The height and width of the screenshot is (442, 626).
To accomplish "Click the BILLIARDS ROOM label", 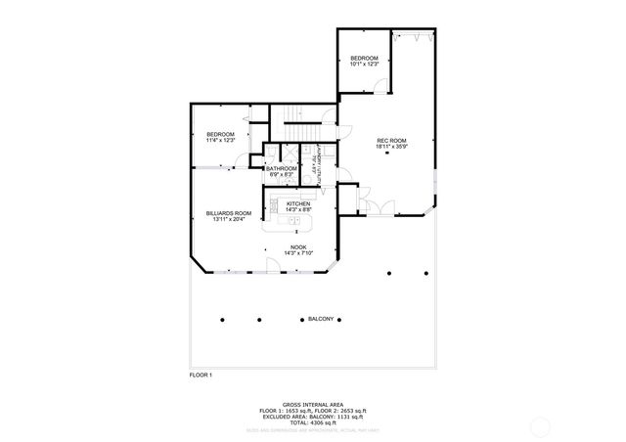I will tap(229, 212).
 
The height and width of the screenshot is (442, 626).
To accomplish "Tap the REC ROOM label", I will tap(391, 140).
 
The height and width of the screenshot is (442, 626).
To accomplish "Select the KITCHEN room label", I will tap(298, 203).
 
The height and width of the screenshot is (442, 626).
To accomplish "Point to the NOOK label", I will tap(298, 247).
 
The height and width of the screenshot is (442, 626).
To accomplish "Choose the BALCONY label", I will tap(322, 319).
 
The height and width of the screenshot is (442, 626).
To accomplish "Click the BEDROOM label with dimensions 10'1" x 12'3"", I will tap(364, 59).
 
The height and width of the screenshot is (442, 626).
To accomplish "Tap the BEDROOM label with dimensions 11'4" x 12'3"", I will tap(220, 134).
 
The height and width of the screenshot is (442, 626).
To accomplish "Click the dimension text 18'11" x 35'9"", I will tap(391, 147).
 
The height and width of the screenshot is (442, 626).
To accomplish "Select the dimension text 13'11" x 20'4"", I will tap(229, 219).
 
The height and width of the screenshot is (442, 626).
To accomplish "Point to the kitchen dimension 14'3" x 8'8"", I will tap(298, 209).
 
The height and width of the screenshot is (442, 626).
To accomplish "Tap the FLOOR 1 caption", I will tap(201, 375).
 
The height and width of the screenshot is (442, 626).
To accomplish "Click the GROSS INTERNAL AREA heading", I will tap(312, 403).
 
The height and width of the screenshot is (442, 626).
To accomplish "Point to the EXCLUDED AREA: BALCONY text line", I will tap(312, 415).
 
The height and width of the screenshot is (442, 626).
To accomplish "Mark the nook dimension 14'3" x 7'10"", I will tap(298, 254).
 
